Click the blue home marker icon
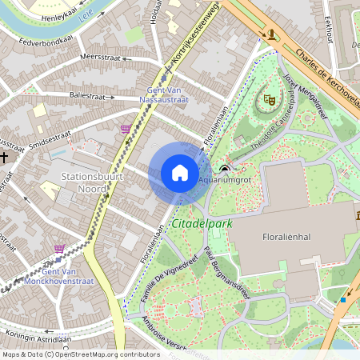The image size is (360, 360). tap(180, 174)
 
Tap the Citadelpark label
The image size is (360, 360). tap(201, 224)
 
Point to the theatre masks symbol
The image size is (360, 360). tap(270, 100)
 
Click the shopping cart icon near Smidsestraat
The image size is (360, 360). tap(125, 128)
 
